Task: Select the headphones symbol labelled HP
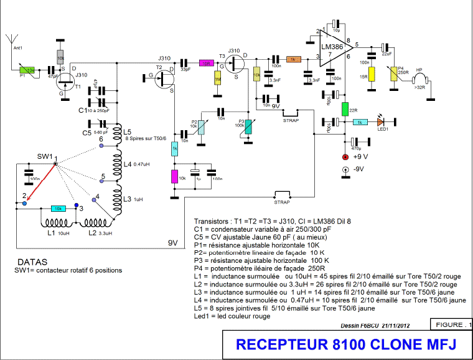pyautogui.click(x=423, y=80)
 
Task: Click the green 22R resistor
pyautogui.click(x=344, y=108)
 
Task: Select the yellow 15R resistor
pyautogui.click(x=371, y=74)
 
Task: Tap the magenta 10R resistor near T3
pyautogui.click(x=205, y=63)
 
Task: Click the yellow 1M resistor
pyautogui.click(x=217, y=80)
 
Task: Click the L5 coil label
pyautogui.click(x=127, y=132)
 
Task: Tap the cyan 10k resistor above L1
pyautogui.click(x=57, y=209)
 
